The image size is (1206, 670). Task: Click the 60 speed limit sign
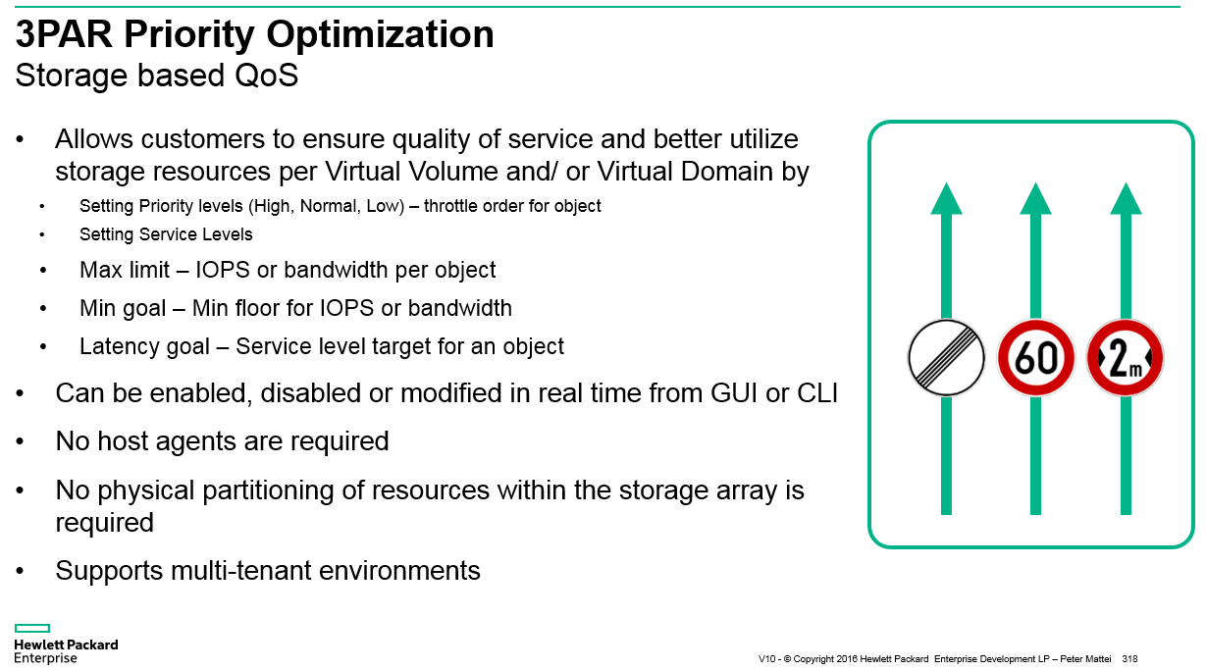(x=1036, y=358)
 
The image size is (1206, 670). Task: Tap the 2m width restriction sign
(x=1126, y=358)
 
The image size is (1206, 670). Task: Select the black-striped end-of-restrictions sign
(x=947, y=358)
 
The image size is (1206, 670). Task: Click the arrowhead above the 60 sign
(x=1036, y=198)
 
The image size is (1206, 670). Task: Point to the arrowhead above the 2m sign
(x=1126, y=198)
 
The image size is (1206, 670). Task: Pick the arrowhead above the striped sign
(x=947, y=198)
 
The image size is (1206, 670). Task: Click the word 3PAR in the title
(x=64, y=34)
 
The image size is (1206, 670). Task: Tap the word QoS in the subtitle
(x=267, y=75)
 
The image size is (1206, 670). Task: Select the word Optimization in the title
(x=380, y=35)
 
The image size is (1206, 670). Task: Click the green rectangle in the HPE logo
(x=32, y=628)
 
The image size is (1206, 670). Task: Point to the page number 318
(x=1129, y=658)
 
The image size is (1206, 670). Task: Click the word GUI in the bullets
(x=734, y=393)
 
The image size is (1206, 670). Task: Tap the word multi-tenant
(x=240, y=571)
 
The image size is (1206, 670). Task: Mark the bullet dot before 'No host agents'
(x=20, y=441)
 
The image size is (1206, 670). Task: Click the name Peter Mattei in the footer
(x=1085, y=658)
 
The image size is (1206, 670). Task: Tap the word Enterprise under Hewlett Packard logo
(x=45, y=658)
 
